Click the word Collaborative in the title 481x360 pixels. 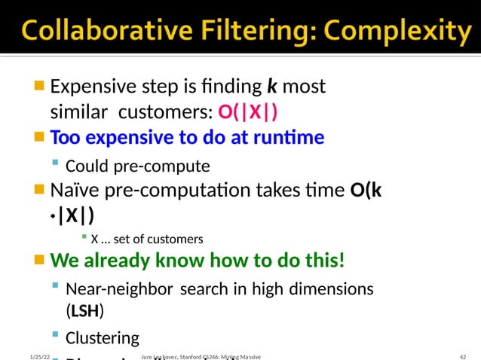(x=90, y=32)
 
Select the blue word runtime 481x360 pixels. (x=290, y=138)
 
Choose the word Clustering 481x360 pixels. (x=103, y=337)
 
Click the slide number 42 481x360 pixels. (x=463, y=355)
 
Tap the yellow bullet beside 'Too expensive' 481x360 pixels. (x=40, y=137)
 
